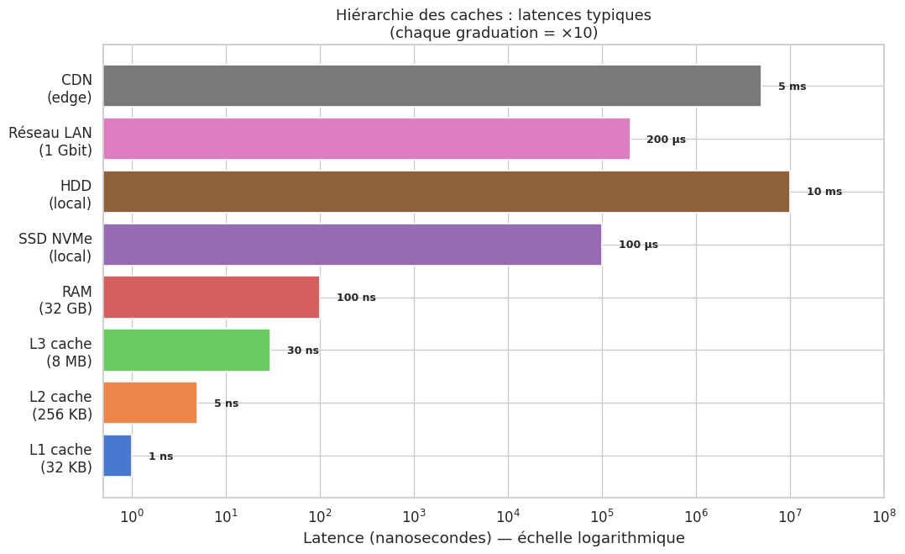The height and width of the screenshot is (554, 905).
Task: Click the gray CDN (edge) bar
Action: point(432,86)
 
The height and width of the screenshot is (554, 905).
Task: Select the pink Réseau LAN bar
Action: point(366,139)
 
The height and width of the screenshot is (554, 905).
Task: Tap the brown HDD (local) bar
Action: point(446,192)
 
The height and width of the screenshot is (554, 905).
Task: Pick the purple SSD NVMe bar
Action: point(352,245)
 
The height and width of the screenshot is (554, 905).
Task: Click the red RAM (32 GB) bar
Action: point(211,298)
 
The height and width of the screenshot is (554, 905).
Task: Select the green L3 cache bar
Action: point(186,350)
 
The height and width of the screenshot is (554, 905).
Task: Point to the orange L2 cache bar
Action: point(149,403)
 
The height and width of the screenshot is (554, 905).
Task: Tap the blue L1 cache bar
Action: point(118,456)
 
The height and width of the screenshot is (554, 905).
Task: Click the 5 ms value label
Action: point(792,87)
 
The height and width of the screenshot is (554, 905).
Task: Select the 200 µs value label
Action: point(666,140)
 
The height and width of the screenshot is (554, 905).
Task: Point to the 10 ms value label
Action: point(824,192)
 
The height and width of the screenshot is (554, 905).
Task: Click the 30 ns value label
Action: point(302,351)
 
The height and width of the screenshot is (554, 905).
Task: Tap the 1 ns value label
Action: point(160,456)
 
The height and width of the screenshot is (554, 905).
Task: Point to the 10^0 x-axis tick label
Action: point(132,514)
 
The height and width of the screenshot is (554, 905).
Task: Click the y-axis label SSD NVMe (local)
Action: point(55,247)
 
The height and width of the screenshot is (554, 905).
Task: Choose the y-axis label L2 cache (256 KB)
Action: point(61,405)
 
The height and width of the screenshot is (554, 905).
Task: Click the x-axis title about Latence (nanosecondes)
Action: point(494,538)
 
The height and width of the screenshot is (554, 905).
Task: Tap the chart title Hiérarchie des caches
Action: point(494,15)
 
